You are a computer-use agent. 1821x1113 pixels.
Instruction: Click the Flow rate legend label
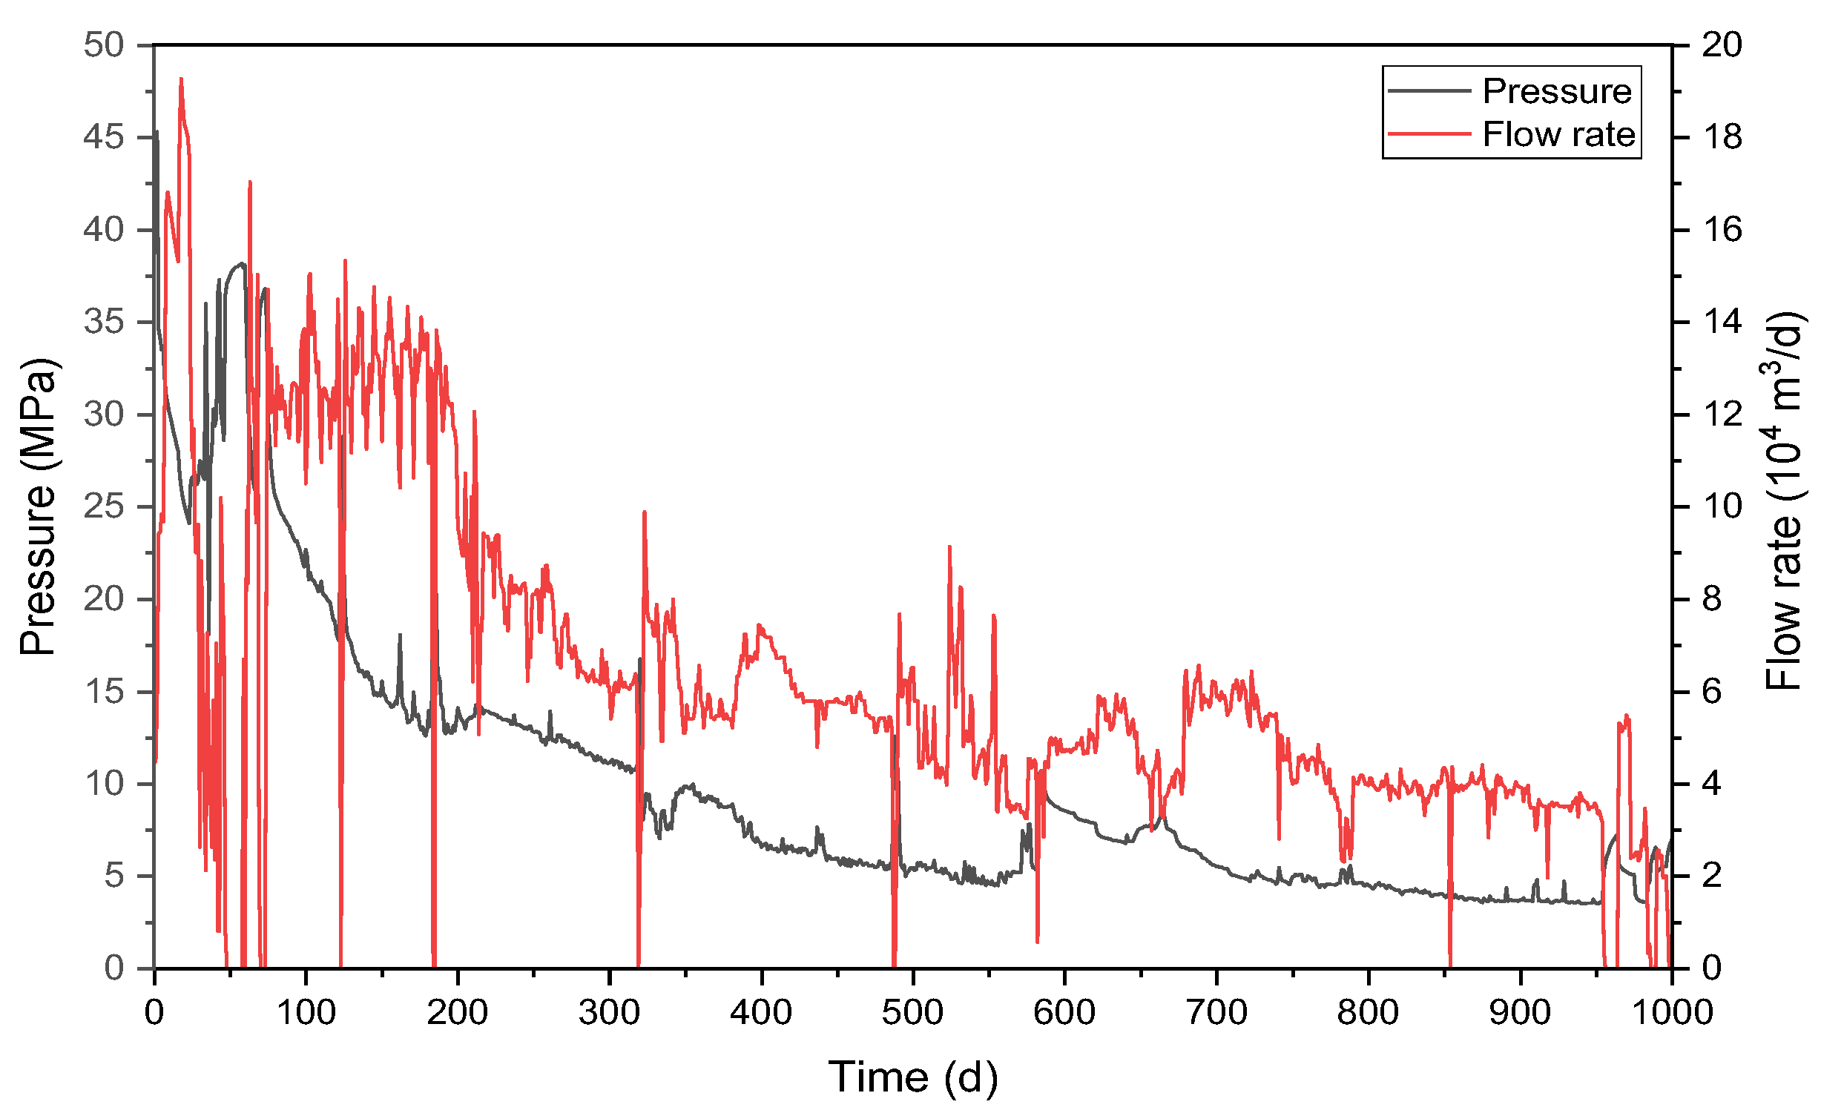click(x=1558, y=135)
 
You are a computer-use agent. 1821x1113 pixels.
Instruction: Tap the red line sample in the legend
click(x=1429, y=134)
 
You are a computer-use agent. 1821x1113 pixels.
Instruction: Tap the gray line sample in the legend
click(x=1429, y=91)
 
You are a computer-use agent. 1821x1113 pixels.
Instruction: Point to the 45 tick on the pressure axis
click(x=103, y=137)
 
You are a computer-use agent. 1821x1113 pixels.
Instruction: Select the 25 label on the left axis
click(x=103, y=507)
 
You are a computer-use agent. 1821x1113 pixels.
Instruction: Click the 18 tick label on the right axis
click(x=1722, y=137)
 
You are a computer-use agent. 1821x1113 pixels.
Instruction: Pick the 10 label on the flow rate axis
click(x=1722, y=507)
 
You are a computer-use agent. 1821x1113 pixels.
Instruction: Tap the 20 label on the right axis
click(x=1722, y=45)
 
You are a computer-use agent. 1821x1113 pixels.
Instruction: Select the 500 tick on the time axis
click(x=912, y=1012)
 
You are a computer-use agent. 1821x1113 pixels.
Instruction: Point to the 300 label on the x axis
click(x=609, y=1012)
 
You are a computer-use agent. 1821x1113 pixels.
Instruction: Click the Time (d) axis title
click(x=912, y=1077)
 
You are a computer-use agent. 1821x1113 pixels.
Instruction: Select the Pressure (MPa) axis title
click(x=37, y=507)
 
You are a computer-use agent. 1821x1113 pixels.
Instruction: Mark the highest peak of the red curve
click(x=181, y=79)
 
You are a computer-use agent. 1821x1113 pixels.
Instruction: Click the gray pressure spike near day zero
click(x=157, y=132)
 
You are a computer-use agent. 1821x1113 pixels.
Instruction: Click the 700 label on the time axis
click(x=1216, y=1012)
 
